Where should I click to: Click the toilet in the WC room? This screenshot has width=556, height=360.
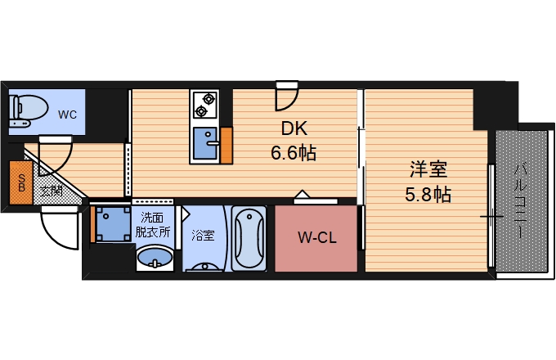pos(22,111)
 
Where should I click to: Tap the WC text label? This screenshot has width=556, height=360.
pos(67,115)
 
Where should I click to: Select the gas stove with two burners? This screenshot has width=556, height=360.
pos(204,105)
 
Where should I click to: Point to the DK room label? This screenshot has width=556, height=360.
pos(294,128)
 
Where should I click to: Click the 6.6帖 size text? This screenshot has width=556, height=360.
pos(294,151)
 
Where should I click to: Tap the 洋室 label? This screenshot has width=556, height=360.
pos(428,170)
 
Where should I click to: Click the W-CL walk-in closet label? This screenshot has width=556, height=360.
pos(316,239)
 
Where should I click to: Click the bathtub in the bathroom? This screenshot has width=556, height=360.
pos(248,239)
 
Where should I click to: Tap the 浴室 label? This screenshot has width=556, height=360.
pos(203,236)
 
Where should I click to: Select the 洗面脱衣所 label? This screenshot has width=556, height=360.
pos(154,224)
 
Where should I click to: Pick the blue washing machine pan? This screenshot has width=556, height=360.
pos(112,223)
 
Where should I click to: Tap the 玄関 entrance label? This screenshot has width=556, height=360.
pos(51,191)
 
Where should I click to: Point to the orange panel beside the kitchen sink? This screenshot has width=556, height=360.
pos(226,145)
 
